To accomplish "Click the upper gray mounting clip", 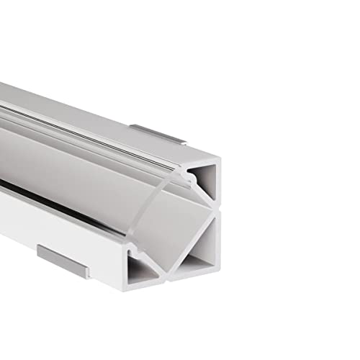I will coord(158,135).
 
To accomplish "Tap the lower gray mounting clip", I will coord(63,261).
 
